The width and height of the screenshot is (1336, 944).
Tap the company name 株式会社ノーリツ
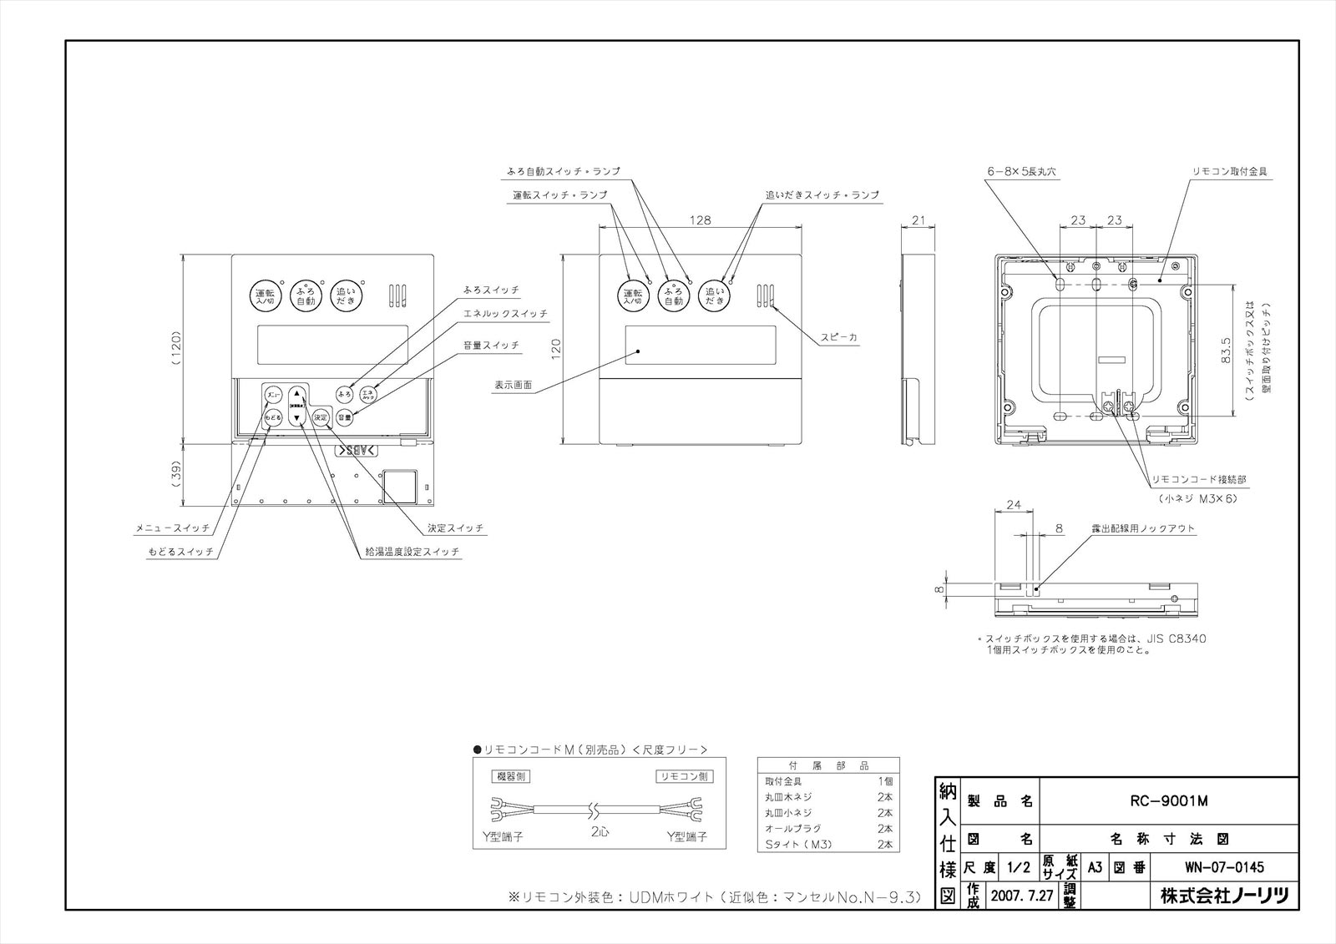[1225, 897]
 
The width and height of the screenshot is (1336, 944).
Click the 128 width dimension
[701, 220]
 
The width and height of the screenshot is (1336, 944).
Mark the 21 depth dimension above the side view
[919, 220]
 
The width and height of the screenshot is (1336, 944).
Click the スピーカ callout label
[838, 337]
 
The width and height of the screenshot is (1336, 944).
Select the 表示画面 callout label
[513, 386]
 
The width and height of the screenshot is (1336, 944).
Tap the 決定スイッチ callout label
[455, 528]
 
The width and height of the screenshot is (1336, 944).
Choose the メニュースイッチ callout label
[170, 528]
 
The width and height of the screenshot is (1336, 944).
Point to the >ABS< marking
[357, 451]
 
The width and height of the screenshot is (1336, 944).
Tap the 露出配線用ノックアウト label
[1143, 529]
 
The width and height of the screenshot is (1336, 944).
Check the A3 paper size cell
[1095, 868]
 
